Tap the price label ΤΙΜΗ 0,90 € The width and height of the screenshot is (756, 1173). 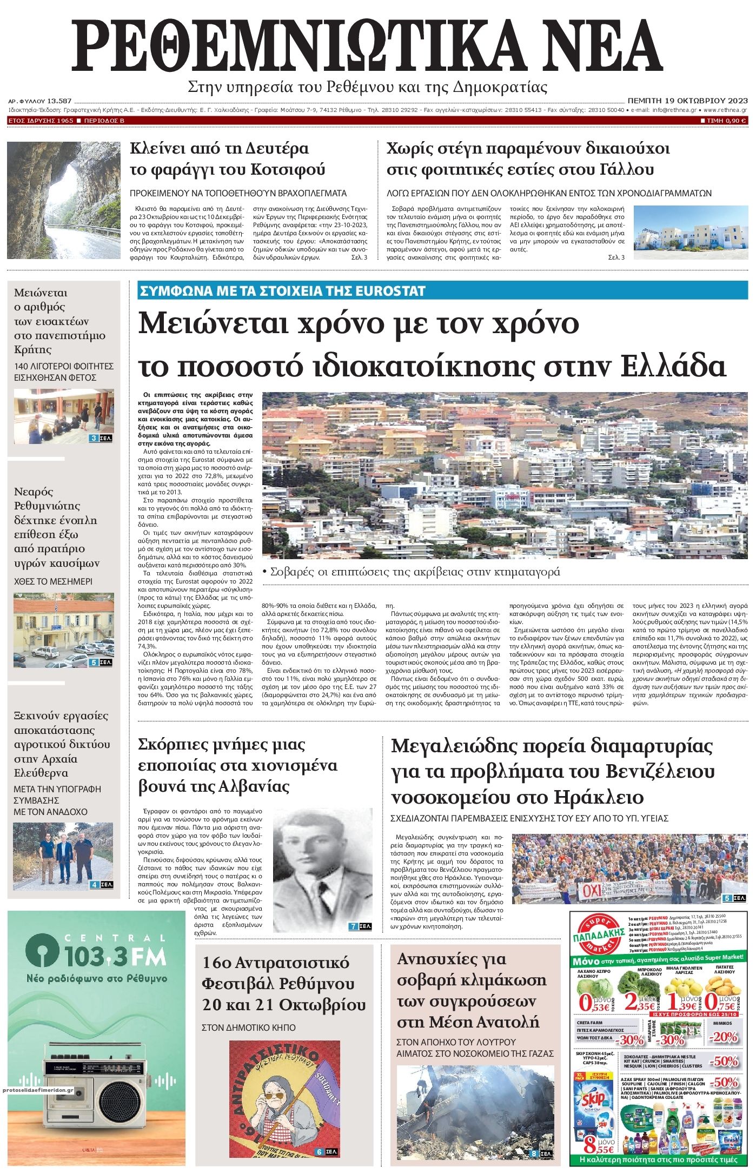pyautogui.click(x=724, y=121)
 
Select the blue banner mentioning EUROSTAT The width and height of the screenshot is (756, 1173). pyautogui.click(x=281, y=291)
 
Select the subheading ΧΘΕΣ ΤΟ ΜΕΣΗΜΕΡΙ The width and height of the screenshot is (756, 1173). pyautogui.click(x=53, y=582)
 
